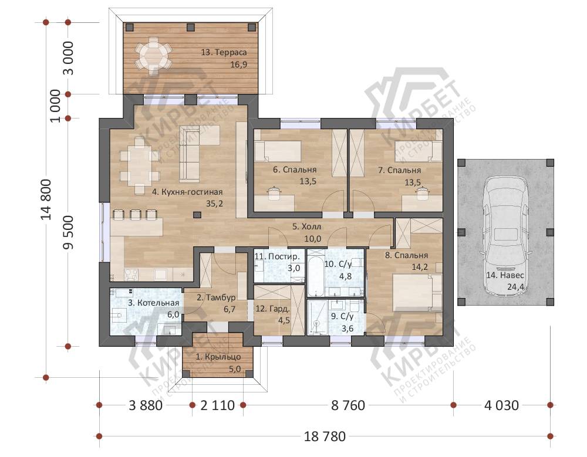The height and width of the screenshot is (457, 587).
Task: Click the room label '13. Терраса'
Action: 224,52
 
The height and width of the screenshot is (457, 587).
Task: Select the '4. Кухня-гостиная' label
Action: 187,192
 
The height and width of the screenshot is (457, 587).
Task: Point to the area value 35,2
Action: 214,204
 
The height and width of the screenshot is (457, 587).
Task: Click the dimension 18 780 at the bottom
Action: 325,436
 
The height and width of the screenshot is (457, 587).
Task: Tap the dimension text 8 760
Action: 348,405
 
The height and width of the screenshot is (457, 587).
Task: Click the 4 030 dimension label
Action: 502,405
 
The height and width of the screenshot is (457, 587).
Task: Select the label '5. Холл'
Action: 306,226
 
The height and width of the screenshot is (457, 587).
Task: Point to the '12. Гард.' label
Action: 272,309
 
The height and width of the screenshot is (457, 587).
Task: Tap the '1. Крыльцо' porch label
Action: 218,357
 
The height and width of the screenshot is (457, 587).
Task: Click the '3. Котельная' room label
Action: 153,303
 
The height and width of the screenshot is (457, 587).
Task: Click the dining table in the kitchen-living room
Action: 139,165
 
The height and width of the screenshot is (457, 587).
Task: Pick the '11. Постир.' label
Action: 277,257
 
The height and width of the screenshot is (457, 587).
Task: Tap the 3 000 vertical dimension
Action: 68,58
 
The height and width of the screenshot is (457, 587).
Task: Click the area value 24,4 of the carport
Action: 515,287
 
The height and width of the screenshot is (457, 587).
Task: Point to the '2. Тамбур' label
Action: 216,297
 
